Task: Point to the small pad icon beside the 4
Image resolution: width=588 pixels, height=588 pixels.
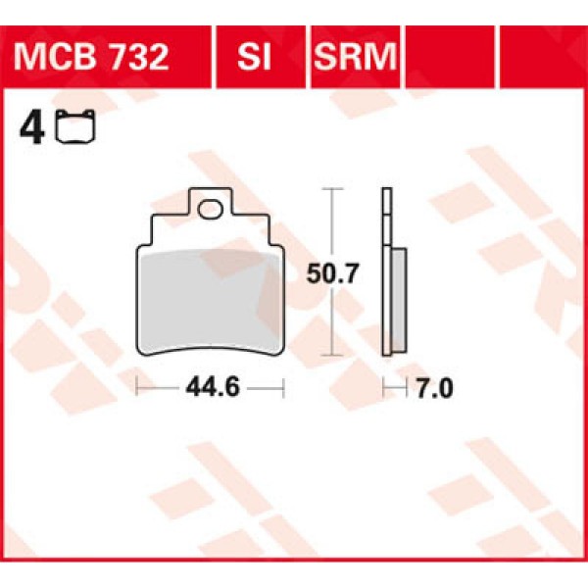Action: [x=71, y=128]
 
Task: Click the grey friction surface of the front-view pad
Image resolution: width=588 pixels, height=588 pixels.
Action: [x=209, y=299]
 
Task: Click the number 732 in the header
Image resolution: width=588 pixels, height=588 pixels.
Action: [x=141, y=57]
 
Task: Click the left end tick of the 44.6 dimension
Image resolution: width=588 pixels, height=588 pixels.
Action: [x=137, y=388]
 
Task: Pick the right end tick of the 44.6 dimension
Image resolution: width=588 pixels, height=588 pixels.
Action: [x=282, y=388]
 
